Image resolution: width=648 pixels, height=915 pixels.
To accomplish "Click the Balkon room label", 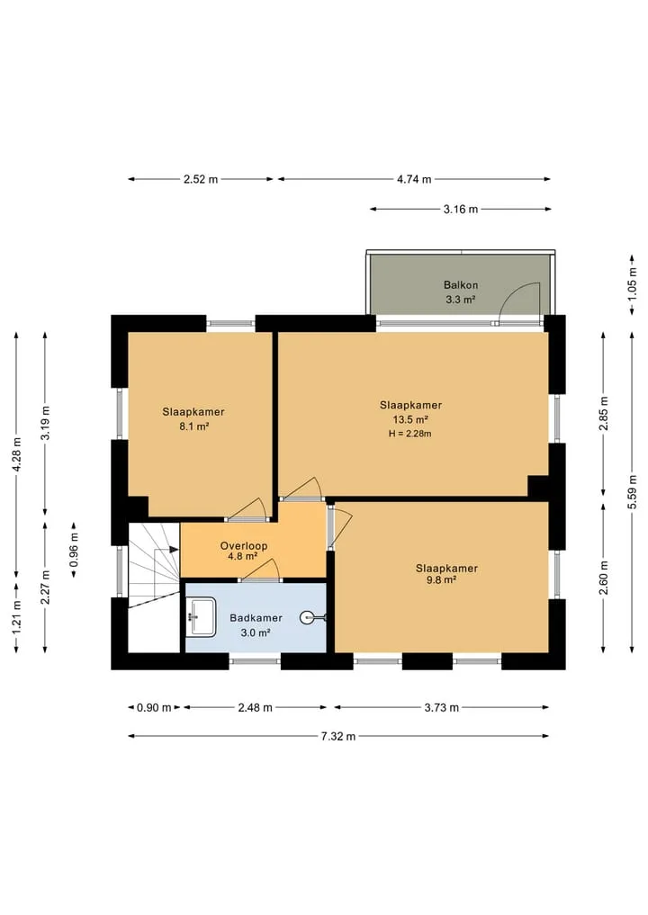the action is point(461,285).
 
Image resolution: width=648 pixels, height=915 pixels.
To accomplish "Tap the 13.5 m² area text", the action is point(410,419).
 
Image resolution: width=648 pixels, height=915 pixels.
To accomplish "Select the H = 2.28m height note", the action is point(409,434).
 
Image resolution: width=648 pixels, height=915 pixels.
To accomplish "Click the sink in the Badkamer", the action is point(202,616).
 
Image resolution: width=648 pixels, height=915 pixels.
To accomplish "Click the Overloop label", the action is point(243,546).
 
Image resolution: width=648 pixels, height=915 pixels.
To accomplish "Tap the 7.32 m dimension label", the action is point(338,737).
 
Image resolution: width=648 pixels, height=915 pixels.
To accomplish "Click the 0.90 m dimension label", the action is point(154,708).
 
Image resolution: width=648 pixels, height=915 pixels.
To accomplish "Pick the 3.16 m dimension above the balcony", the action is point(461,209).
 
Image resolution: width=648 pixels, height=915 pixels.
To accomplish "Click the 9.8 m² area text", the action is point(441,580).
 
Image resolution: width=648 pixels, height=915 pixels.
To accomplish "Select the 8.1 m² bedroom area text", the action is point(194,426).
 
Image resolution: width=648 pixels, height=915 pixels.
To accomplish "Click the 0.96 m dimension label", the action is point(74,549).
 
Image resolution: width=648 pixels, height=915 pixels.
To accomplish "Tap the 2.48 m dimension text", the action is point(255,708).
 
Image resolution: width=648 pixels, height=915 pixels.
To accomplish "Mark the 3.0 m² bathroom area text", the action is point(255,632).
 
